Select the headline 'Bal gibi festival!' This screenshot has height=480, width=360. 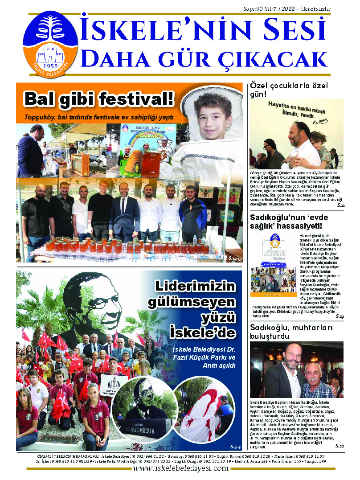pos(99,98)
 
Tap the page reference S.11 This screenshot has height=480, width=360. pos(340,205)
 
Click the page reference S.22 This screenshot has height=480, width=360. pos(340,446)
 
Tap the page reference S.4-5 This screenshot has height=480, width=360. pos(235,447)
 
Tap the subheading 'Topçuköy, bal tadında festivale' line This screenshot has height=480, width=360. pos(99,118)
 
